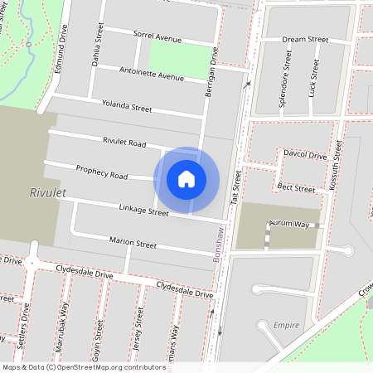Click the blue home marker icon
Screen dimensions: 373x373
186,179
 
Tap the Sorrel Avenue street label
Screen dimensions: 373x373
157,37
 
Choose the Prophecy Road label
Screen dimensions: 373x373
102,172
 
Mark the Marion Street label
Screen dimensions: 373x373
133,243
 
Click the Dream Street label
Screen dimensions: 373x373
305,40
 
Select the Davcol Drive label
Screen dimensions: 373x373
305,155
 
